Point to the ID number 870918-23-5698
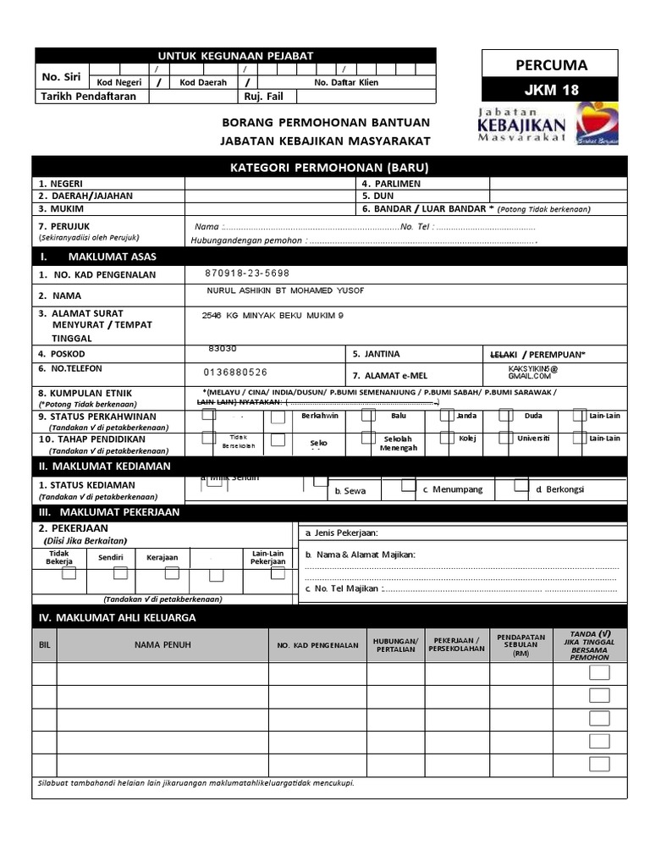tap(247, 273)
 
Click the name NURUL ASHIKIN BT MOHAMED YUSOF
tap(285, 291)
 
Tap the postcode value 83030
tap(223, 349)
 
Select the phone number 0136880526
tap(235, 372)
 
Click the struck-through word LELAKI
tap(504, 354)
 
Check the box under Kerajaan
tap(172, 573)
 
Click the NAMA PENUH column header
tap(162, 645)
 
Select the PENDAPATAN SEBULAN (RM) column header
tap(521, 645)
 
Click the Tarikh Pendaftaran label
tap(88, 97)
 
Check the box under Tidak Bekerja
tap(69, 573)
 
